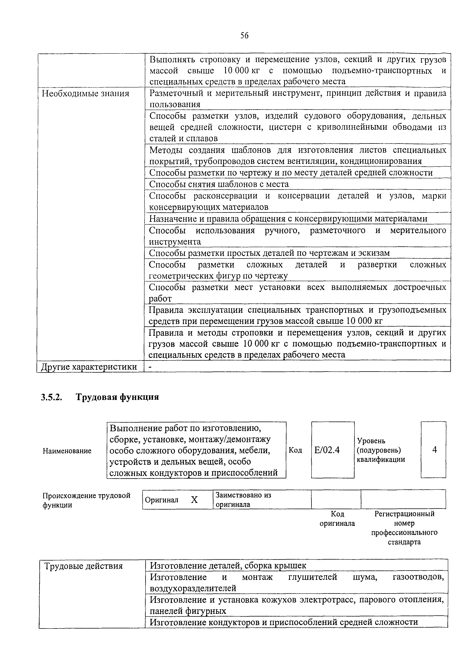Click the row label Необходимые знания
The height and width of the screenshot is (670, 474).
pyautogui.click(x=86, y=94)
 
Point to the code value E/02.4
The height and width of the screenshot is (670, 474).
pyautogui.click(x=327, y=450)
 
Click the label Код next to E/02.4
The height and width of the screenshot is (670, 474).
pyautogui.click(x=295, y=450)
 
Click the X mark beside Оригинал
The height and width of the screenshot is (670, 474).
pyautogui.click(x=194, y=500)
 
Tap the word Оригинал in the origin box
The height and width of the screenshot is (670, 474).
pyautogui.click(x=162, y=500)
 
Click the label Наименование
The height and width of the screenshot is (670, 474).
pyautogui.click(x=67, y=451)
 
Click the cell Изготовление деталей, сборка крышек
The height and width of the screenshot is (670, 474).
pyautogui.click(x=228, y=566)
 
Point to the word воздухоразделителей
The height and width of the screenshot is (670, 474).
pyautogui.click(x=193, y=588)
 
